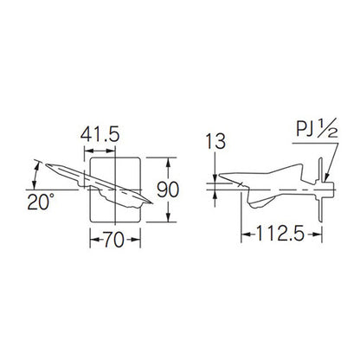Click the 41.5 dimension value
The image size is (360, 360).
pos(100,135)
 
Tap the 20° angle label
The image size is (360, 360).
pos(41,202)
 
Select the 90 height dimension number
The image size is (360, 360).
pos(168,190)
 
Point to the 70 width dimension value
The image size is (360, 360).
pos(114,240)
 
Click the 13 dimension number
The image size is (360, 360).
pos(215,142)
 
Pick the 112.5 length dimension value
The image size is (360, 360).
pos(280,234)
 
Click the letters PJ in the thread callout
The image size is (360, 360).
pos(305,129)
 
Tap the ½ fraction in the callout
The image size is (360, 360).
pos(328,128)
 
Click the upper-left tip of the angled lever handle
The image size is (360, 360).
pos(46,164)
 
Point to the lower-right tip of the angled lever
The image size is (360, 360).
pos(152,203)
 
